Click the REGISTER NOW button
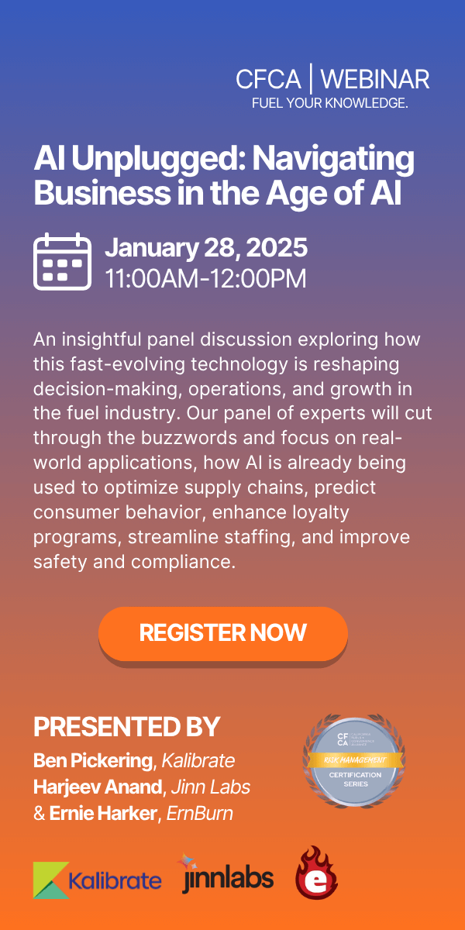pos(223,633)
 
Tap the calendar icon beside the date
pos(61,261)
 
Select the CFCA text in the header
pos(268,79)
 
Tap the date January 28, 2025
pos(206,248)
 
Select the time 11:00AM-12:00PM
pos(205,277)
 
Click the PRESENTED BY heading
pos(126,727)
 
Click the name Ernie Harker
pos(102,815)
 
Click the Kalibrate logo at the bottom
pos(98,880)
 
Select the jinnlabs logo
pos(227,875)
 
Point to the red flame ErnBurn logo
pos(316,873)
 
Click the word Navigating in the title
pos(336,158)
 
